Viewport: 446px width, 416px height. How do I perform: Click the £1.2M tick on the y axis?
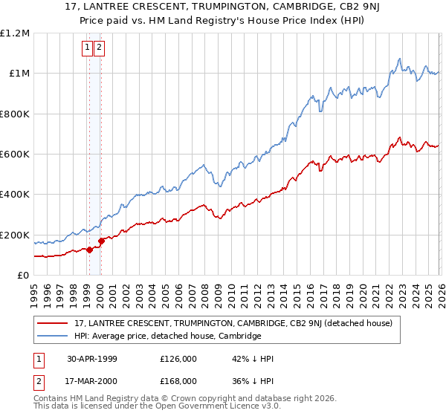click(15, 33)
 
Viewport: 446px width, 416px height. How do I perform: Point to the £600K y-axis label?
click(15, 155)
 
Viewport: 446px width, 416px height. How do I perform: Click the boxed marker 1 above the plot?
click(88, 48)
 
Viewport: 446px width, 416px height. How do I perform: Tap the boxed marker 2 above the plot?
click(100, 48)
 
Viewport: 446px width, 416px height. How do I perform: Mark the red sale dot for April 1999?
click(90, 250)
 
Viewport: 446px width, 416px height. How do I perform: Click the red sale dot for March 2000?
click(102, 241)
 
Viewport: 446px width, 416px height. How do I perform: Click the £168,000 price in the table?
click(178, 380)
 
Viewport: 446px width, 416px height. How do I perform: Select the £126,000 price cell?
click(178, 359)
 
